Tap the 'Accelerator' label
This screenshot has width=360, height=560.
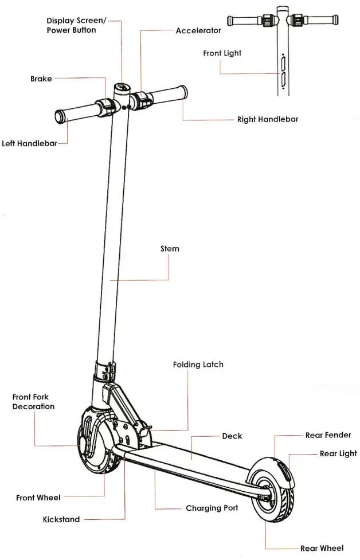(198, 30)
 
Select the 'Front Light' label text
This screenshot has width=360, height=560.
(222, 53)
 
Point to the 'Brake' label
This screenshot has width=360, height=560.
(41, 79)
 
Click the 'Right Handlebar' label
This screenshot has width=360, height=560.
(267, 120)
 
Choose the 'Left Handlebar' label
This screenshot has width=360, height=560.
(29, 143)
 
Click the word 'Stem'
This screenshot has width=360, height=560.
(170, 249)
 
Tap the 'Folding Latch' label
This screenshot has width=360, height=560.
(198, 365)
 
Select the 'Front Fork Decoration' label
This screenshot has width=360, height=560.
(33, 402)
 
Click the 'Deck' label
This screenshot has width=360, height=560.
(232, 436)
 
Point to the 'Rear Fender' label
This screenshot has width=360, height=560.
(328, 436)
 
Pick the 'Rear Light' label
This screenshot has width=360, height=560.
(338, 454)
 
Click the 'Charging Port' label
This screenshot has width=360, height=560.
(212, 508)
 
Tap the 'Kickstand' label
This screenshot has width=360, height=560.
(61, 520)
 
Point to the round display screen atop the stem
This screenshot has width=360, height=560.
(122, 88)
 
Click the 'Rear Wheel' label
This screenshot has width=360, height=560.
(322, 549)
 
